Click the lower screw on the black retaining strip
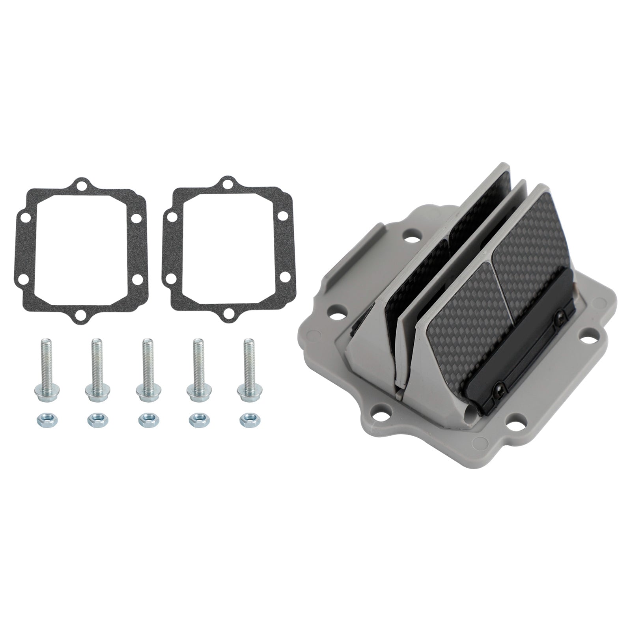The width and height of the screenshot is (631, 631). coord(500,385)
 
